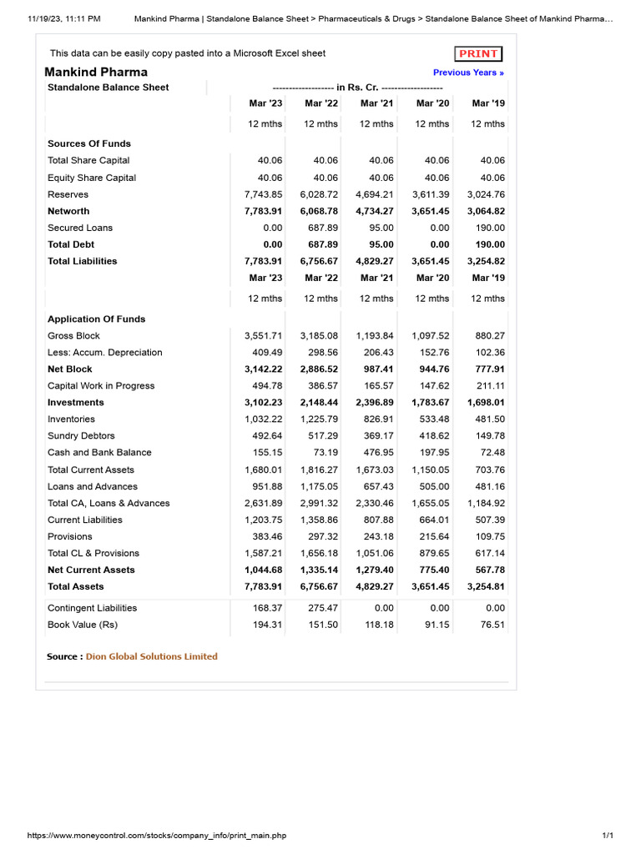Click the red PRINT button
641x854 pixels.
(478, 53)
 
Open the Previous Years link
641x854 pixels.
(468, 73)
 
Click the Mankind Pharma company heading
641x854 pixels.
(96, 72)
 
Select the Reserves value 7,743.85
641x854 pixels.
(264, 194)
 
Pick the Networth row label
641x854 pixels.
(68, 211)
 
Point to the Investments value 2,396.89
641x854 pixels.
(375, 402)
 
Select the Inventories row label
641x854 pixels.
(71, 419)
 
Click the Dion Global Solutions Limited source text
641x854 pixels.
(151, 656)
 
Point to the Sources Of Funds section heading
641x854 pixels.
(89, 143)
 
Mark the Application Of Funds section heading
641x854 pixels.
(96, 319)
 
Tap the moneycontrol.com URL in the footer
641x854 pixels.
(157, 835)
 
